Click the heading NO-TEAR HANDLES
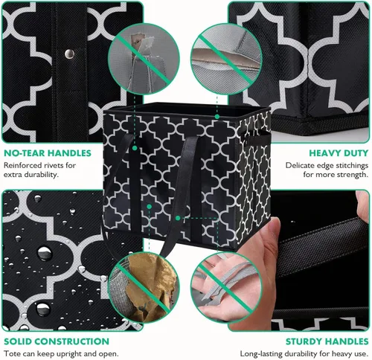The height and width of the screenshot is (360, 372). [x=47, y=153]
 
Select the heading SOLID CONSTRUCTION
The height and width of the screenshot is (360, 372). [x=56, y=341]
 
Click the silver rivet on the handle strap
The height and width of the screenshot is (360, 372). [x=68, y=54]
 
